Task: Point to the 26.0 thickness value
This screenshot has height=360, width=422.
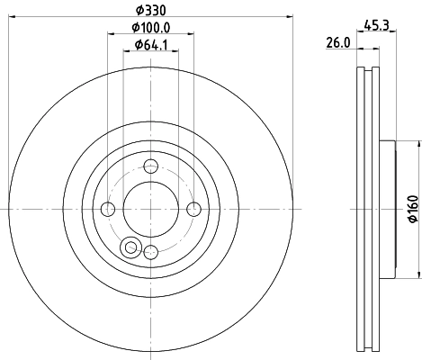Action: pyautogui.click(x=337, y=41)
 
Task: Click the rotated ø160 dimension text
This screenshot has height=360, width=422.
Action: pyautogui.click(x=412, y=209)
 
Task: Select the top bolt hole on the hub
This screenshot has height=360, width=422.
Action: pyautogui.click(x=151, y=165)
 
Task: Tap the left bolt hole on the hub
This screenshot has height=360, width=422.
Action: pyautogui.click(x=108, y=209)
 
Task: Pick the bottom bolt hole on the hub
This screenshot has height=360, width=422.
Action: pyautogui.click(x=151, y=252)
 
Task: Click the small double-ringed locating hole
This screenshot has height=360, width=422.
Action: pyautogui.click(x=132, y=248)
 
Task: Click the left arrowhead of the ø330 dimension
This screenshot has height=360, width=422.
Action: pyautogui.click(x=12, y=15)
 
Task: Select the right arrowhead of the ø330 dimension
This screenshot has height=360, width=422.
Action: pyautogui.click(x=291, y=15)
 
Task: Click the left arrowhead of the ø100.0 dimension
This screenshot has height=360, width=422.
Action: pyautogui.click(x=111, y=34)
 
